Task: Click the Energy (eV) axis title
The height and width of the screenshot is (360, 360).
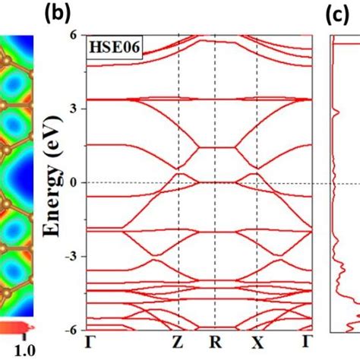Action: coord(54,182)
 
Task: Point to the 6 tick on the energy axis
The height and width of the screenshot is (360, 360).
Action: coord(76,35)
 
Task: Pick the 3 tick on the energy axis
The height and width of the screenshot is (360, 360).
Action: coord(76,109)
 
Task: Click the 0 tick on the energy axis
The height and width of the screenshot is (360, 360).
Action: coord(76,182)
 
